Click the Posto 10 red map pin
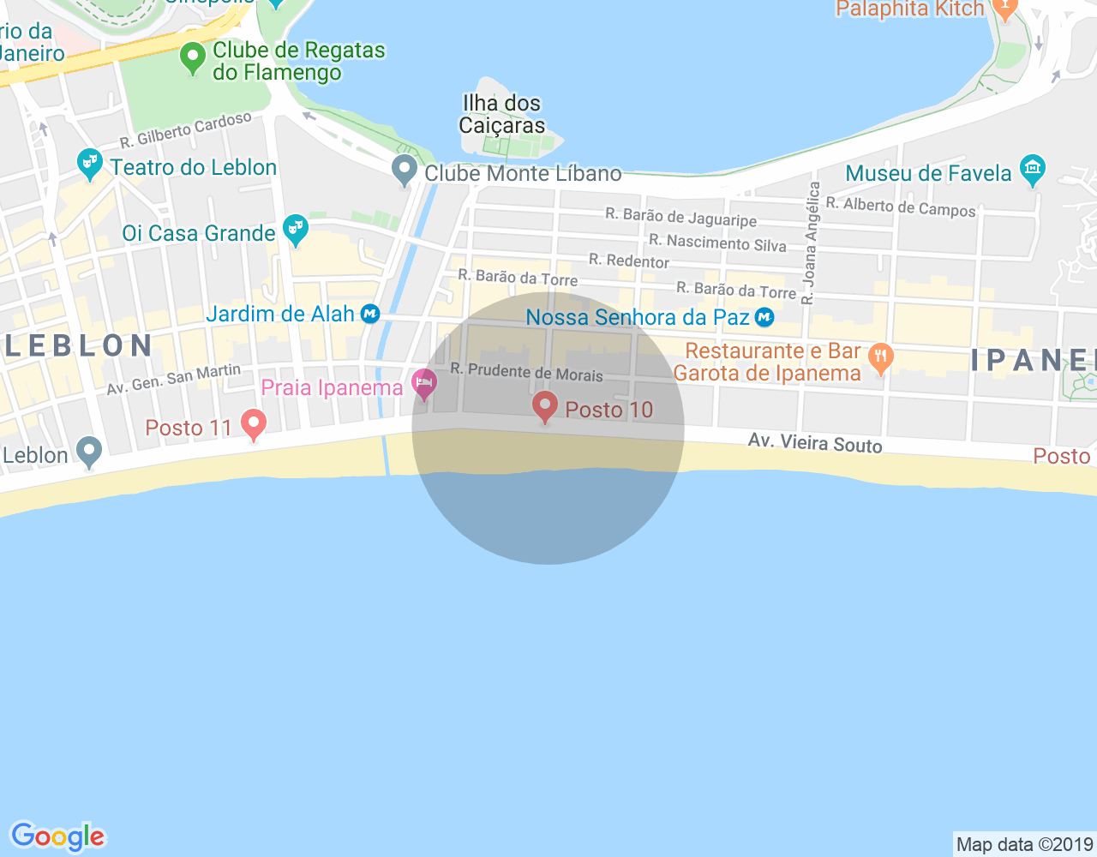tap(544, 406)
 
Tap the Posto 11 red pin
tap(253, 423)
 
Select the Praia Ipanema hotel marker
tap(423, 383)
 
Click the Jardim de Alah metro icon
tap(369, 314)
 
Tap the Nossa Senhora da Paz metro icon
tap(764, 318)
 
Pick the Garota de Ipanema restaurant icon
tap(880, 358)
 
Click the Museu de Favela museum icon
tap(1033, 170)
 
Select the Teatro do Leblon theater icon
tap(89, 163)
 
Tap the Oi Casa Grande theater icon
tap(296, 230)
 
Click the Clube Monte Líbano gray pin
tap(404, 170)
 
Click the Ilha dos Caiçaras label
tap(502, 114)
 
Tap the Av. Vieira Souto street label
tap(814, 442)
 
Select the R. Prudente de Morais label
tap(526, 372)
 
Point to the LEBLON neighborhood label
tap(79, 345)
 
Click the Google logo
tap(57, 836)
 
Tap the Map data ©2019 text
tap(1024, 844)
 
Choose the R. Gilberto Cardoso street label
tap(186, 129)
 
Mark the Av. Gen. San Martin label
tap(174, 380)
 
